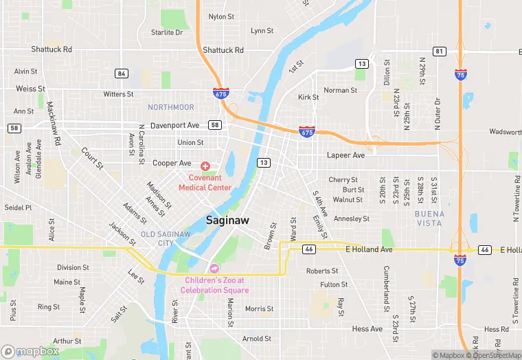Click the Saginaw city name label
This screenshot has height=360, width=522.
click(228, 220)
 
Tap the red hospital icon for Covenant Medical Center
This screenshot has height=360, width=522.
click(205, 166)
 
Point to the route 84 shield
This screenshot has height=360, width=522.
click(122, 74)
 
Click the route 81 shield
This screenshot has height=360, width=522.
click(440, 52)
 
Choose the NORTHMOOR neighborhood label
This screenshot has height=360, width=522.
click(171, 107)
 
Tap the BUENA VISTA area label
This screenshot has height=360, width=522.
click(429, 218)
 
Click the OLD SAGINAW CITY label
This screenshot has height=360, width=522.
click(166, 238)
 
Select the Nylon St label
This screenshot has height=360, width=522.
click(221, 16)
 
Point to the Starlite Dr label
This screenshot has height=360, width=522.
click(167, 32)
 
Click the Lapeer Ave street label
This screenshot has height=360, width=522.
click(345, 155)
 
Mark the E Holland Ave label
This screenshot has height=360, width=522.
click(369, 249)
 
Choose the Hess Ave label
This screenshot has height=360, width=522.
click(367, 329)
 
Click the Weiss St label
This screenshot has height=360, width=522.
click(30, 89)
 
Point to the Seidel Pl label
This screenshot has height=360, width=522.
click(18, 207)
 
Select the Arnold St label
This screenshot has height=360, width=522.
click(257, 339)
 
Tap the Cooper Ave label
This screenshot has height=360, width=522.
click(172, 164)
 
